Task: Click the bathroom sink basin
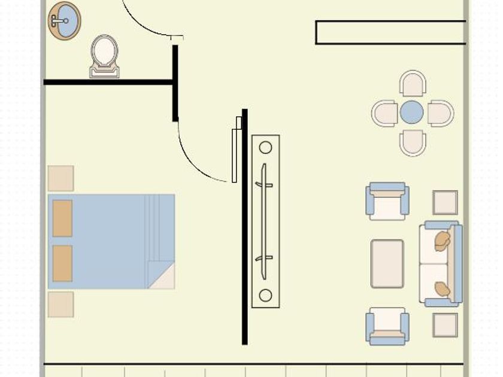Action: (63, 20)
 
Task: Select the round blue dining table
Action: (412, 113)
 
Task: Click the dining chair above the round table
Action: (413, 83)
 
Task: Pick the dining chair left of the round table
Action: (385, 113)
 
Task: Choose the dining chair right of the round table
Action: (440, 113)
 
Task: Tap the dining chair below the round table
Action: (413, 142)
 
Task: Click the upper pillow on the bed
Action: (62, 218)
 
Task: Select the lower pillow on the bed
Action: (62, 263)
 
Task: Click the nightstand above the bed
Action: (60, 178)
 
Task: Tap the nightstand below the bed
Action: (60, 304)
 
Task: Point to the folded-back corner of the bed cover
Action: (163, 278)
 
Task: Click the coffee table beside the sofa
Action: (387, 263)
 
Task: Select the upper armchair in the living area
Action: (387, 201)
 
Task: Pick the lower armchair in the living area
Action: (387, 326)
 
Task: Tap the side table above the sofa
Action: (445, 202)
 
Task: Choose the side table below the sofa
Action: (445, 324)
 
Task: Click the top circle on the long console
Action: (265, 148)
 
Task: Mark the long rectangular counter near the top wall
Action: (390, 32)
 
